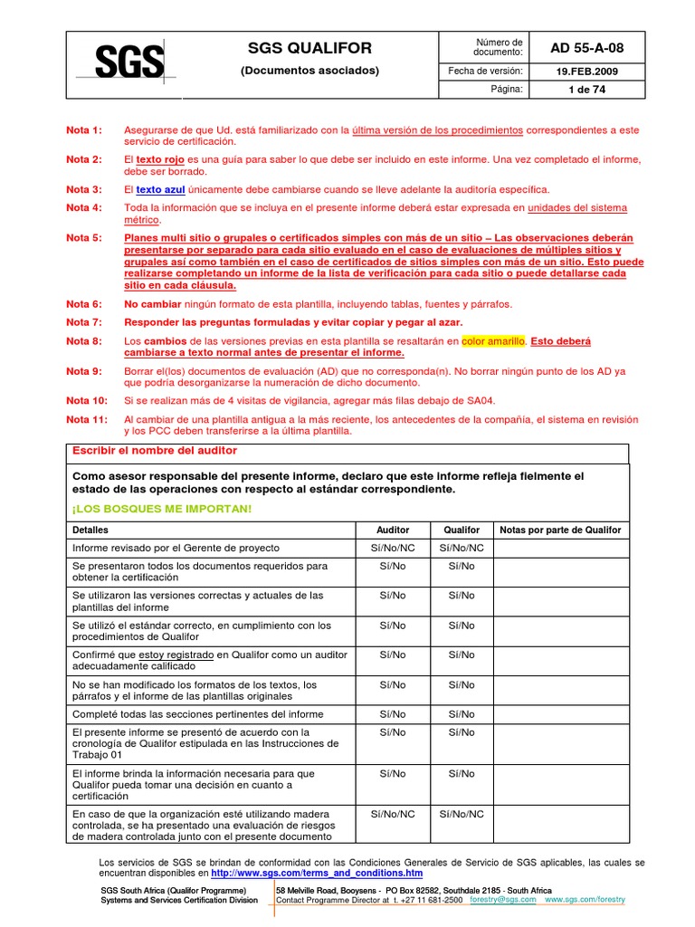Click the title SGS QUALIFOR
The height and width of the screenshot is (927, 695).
[309, 48]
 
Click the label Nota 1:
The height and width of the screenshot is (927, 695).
[85, 130]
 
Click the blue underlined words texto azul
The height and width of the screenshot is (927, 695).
[160, 189]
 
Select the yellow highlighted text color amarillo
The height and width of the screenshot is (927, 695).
[492, 341]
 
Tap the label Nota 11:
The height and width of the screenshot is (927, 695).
[88, 419]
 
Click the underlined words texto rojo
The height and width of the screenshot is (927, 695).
[160, 159]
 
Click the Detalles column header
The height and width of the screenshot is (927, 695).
[90, 530]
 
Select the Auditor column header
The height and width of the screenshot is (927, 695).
[393, 530]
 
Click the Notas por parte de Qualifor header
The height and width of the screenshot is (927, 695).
[560, 530]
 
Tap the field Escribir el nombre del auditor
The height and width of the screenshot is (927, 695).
[149, 451]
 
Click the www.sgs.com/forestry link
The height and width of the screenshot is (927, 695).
[585, 900]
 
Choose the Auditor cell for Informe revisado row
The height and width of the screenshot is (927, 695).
[393, 548]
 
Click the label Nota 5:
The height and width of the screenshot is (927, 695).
[85, 237]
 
